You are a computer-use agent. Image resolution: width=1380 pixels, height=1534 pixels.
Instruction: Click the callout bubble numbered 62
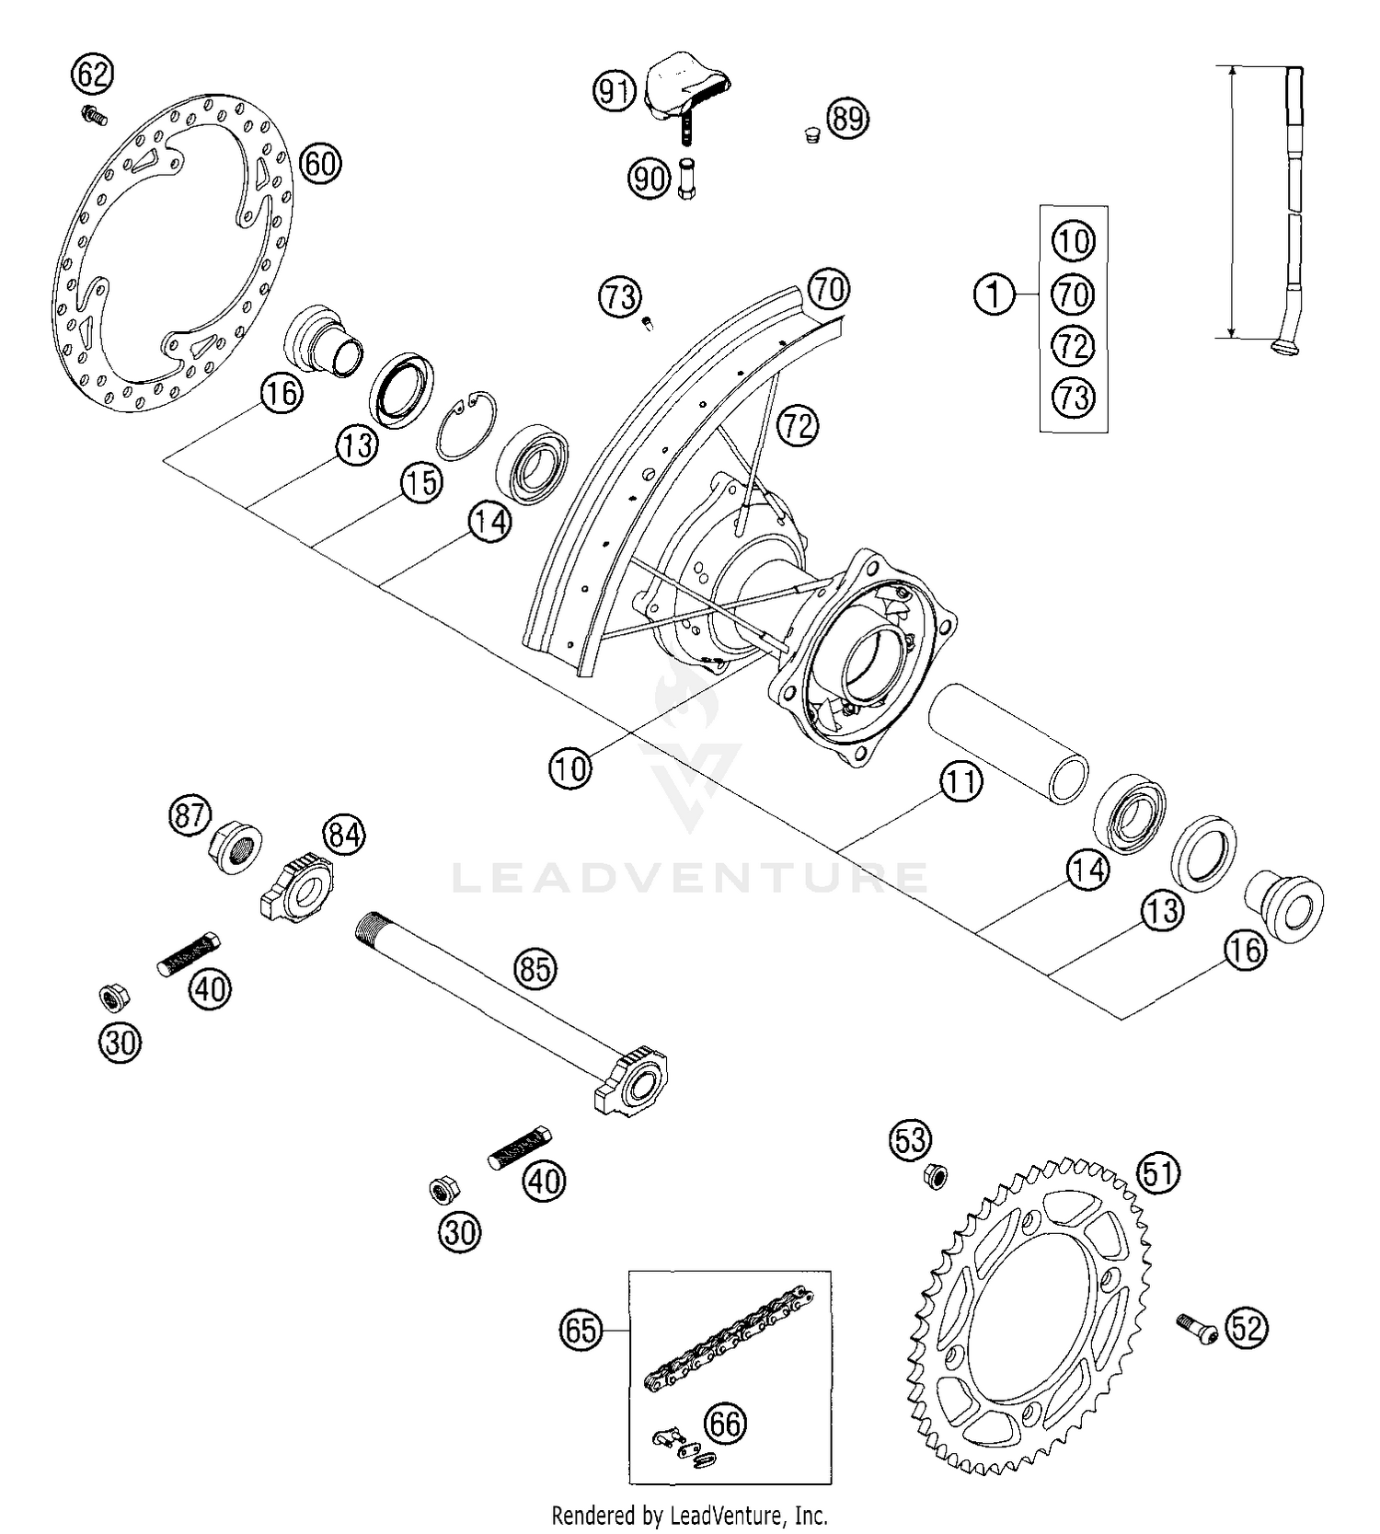[92, 74]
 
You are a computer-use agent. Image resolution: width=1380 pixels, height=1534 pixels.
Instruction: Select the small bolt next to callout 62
[94, 115]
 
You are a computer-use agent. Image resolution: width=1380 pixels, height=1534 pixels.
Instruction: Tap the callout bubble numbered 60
[320, 165]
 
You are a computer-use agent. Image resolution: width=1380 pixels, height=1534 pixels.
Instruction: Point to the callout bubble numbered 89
[847, 119]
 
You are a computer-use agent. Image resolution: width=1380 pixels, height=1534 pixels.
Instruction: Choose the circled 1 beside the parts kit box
[994, 294]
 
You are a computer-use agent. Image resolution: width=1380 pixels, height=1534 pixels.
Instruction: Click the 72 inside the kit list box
[1073, 346]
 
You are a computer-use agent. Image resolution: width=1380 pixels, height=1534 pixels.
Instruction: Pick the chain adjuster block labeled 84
[298, 888]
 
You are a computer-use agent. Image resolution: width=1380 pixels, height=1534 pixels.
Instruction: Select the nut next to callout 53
[935, 1175]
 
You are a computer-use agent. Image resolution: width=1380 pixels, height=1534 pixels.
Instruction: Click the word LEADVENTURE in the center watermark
[690, 877]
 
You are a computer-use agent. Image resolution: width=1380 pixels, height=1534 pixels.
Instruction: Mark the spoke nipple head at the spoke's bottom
[1284, 346]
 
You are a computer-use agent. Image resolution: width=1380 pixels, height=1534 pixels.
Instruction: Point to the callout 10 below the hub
[570, 767]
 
